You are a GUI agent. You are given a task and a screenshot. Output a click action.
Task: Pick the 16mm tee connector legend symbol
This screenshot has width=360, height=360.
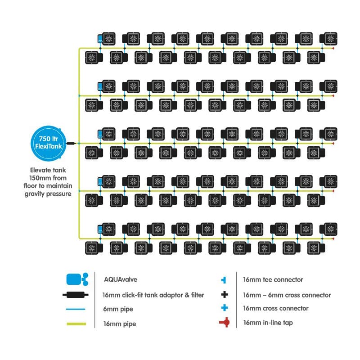coord(224,280)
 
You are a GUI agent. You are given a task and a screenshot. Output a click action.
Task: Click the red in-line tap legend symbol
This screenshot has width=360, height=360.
coord(224,323)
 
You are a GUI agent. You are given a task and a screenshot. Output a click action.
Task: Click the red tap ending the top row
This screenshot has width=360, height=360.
coord(333,48)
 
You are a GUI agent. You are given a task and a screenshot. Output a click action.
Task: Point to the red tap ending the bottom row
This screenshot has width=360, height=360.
coord(333,238)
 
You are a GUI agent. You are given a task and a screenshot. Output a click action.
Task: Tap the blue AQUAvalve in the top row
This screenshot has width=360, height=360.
coord(100,39)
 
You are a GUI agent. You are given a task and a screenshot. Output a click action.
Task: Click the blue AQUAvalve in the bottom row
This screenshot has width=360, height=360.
coord(100,229)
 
